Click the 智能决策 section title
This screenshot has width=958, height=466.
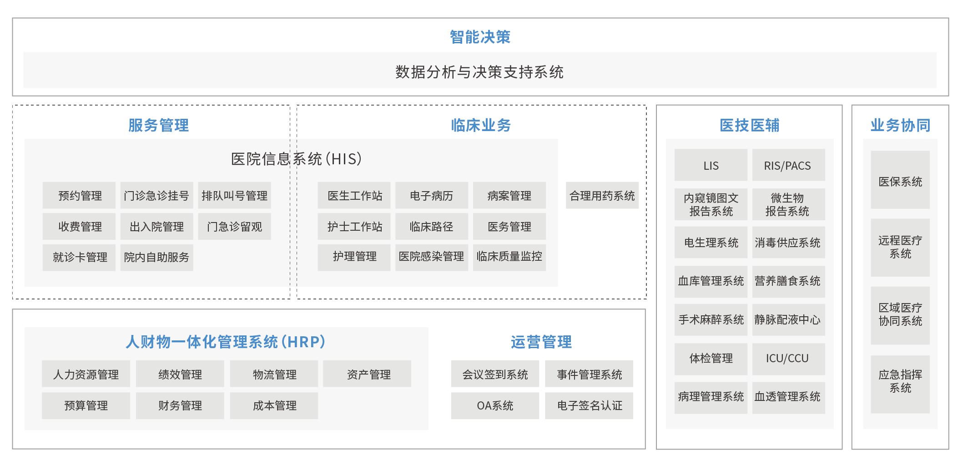[480, 37]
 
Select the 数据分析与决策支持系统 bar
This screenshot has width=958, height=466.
[479, 71]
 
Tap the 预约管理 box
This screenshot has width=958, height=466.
[79, 196]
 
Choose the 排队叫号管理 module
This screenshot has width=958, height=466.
[234, 196]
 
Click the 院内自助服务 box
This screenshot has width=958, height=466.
[156, 258]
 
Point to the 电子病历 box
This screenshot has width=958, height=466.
[431, 196]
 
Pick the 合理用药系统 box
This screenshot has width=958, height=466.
[602, 196]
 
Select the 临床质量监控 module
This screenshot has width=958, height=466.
[509, 257]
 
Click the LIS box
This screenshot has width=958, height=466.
[711, 165]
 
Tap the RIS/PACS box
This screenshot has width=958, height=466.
[788, 165]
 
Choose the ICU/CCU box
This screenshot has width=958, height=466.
[788, 359]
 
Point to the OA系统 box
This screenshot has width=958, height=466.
[494, 405]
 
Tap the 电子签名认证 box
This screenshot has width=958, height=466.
[589, 405]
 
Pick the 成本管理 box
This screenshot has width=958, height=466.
[274, 405]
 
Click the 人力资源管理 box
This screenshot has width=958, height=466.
[86, 374]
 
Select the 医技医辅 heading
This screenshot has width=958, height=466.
[749, 125]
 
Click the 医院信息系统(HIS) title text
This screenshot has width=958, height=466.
[296, 159]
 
